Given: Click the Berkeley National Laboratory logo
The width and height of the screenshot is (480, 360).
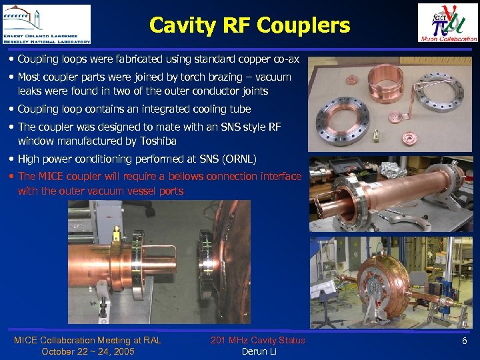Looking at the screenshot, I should (x=46, y=24).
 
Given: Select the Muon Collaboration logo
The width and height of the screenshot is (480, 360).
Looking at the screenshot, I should (x=447, y=23).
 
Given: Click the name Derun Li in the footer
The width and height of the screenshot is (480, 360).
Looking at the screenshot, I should (x=259, y=351).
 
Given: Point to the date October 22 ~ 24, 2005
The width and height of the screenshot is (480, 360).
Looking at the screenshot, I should (x=87, y=351).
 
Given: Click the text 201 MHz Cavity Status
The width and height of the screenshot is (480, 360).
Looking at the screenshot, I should (x=258, y=341).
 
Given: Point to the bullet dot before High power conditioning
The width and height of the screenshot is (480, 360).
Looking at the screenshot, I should (x=13, y=159).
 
